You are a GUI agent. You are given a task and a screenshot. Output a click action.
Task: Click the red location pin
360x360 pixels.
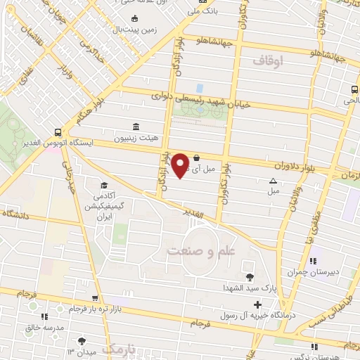(181, 165)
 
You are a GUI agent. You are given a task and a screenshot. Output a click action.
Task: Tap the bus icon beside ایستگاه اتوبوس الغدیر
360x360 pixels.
(58, 130)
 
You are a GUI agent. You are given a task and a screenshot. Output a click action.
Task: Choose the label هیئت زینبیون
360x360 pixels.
(158, 129)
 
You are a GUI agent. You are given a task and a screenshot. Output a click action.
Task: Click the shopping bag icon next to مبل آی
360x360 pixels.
(196, 157)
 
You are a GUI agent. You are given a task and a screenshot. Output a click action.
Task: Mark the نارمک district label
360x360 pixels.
(119, 349)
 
